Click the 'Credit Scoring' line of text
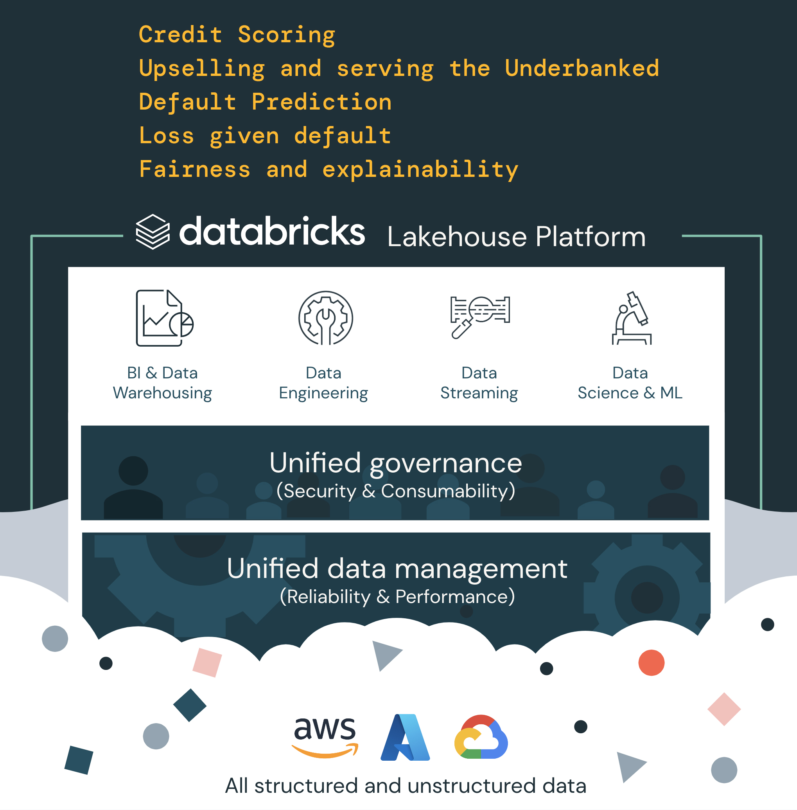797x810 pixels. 237,35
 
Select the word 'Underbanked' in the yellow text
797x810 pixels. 582,68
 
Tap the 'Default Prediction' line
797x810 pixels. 265,102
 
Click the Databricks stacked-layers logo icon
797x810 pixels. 153,232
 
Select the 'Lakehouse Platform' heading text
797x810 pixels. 516,237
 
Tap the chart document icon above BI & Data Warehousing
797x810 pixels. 164,318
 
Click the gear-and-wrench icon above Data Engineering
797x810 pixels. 325,318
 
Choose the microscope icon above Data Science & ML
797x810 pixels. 632,318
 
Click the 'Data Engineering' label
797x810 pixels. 323,383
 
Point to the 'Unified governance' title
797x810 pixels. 396,463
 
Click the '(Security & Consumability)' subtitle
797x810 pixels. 396,491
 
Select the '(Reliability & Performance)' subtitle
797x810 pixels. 397,597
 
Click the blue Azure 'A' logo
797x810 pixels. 405,738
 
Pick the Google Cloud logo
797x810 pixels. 481,738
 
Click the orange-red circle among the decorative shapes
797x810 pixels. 652,662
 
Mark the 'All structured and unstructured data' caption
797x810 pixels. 405,786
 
